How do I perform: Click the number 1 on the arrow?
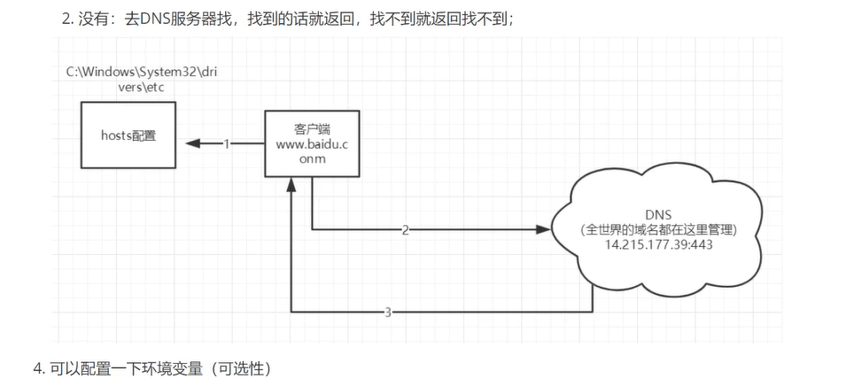(226, 143)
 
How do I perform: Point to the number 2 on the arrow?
(406, 230)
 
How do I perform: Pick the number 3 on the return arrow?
(388, 312)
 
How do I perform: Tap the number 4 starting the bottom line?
(37, 367)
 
